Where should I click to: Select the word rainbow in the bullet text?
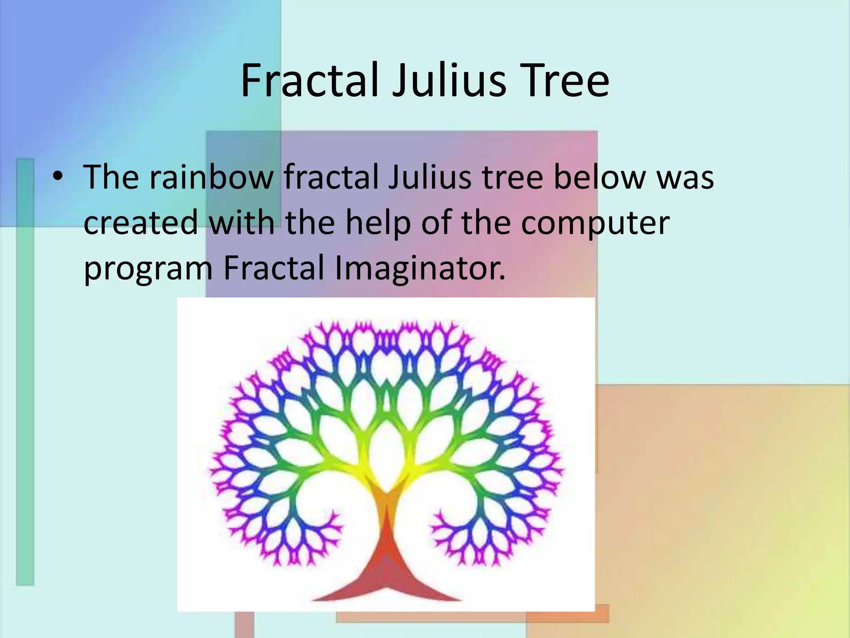click(x=211, y=177)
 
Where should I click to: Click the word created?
click(x=140, y=222)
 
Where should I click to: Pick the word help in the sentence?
click(x=377, y=222)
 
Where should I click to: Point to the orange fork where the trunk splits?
click(x=386, y=494)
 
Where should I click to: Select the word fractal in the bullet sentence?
click(x=330, y=177)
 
